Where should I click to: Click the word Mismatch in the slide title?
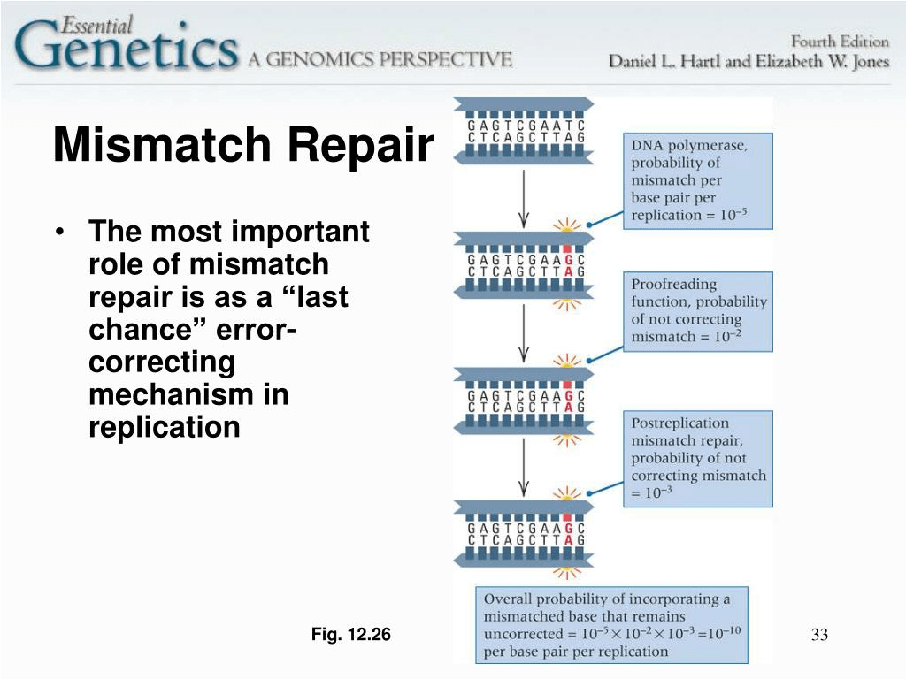tap(163, 144)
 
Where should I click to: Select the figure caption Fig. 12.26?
tap(350, 634)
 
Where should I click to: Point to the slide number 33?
tap(819, 635)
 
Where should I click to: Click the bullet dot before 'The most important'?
tap(59, 233)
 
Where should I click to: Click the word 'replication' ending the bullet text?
tap(164, 428)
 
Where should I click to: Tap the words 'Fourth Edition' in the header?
tap(840, 42)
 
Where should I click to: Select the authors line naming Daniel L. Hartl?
tap(749, 61)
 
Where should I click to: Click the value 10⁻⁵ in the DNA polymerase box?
tap(733, 214)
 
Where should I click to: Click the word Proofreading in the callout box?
tap(673, 285)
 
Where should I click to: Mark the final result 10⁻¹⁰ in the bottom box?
tap(725, 632)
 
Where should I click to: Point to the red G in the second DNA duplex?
tap(567, 260)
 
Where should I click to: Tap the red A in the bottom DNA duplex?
tap(567, 540)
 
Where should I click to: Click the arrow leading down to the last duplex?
tap(524, 467)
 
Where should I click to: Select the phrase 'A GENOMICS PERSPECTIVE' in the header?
tap(380, 59)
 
